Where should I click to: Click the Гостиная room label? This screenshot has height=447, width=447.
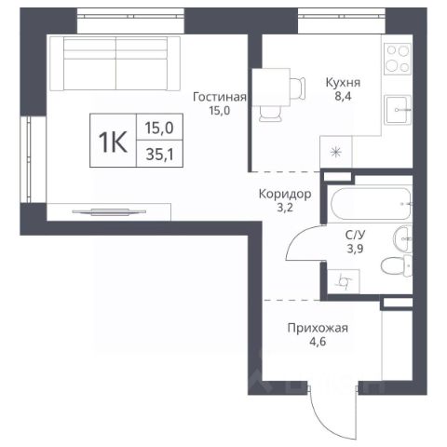220,97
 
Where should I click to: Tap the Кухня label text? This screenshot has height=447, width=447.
343,83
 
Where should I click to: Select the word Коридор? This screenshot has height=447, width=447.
285,194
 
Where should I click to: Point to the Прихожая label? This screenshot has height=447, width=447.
318,328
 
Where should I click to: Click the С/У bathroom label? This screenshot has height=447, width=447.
356,235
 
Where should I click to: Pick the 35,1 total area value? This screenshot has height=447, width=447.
159,155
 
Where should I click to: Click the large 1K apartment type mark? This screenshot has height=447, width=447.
113,142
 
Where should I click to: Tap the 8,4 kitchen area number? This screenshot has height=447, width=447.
343,96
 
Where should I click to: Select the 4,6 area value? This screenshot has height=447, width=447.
318,342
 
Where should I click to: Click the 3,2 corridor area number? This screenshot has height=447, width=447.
285,208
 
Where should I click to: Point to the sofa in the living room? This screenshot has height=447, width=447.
115,63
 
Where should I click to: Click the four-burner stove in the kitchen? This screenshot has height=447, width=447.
398,59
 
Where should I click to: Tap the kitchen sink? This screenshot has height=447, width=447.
398,110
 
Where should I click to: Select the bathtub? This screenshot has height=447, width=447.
371,203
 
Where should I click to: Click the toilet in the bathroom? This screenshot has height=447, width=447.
397,265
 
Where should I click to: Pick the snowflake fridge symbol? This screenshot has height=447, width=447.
336,152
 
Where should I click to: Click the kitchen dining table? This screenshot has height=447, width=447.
271,88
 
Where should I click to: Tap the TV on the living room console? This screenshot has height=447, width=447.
109,212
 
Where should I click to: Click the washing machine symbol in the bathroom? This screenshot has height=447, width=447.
344,281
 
